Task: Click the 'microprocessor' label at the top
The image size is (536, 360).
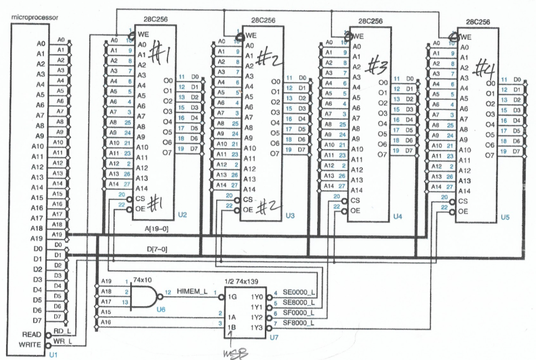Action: coord(35,17)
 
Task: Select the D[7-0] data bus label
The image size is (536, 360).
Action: coord(156,250)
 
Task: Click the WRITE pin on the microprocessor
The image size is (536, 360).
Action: coord(30,345)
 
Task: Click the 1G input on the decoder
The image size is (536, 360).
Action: coord(234,296)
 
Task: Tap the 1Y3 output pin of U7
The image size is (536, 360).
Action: coord(257,328)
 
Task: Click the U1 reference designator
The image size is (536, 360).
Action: coord(53,353)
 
